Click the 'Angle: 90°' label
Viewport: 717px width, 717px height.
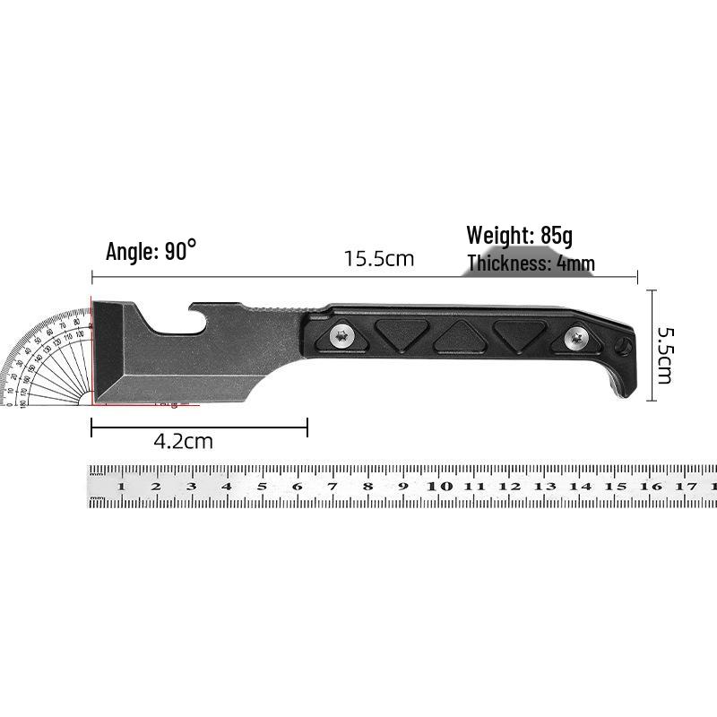click(x=151, y=251)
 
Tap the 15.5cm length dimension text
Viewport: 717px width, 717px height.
click(x=379, y=259)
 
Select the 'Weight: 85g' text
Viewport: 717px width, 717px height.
click(x=519, y=236)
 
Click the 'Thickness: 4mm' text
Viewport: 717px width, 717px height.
click(x=531, y=263)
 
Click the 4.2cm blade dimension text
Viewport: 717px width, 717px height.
click(x=183, y=441)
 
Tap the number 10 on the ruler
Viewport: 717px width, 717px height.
click(x=439, y=487)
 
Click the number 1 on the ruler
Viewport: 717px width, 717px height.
click(x=120, y=487)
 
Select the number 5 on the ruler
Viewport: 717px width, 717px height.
click(x=262, y=487)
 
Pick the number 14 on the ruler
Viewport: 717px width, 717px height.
click(x=581, y=487)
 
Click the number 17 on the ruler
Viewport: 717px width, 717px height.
click(x=687, y=487)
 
